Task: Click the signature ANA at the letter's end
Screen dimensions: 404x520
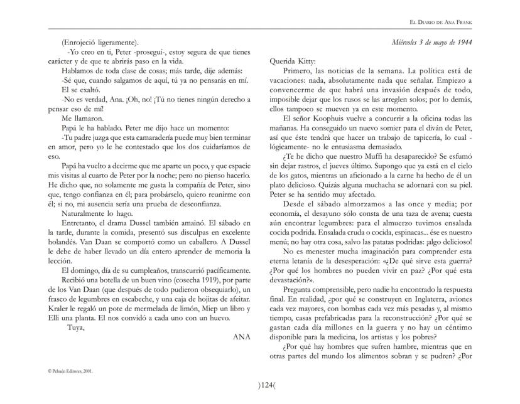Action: [241, 336]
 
